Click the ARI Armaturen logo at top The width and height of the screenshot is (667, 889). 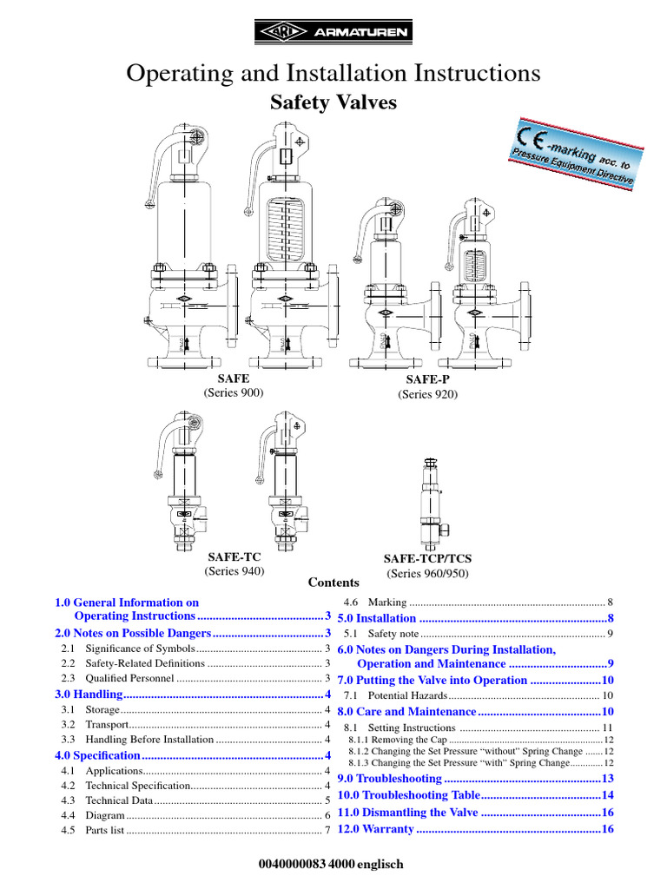pyautogui.click(x=333, y=33)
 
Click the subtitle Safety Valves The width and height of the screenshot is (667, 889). pyautogui.click(x=333, y=102)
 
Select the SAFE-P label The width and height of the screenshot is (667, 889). pyautogui.click(x=427, y=380)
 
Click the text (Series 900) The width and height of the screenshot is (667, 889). pyautogui.click(x=234, y=392)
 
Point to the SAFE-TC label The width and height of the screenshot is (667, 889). pyautogui.click(x=234, y=556)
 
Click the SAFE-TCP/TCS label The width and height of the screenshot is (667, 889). pyautogui.click(x=427, y=560)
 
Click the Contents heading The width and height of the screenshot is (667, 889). pyautogui.click(x=333, y=583)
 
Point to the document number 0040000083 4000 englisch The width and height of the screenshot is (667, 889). pyautogui.click(x=333, y=865)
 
